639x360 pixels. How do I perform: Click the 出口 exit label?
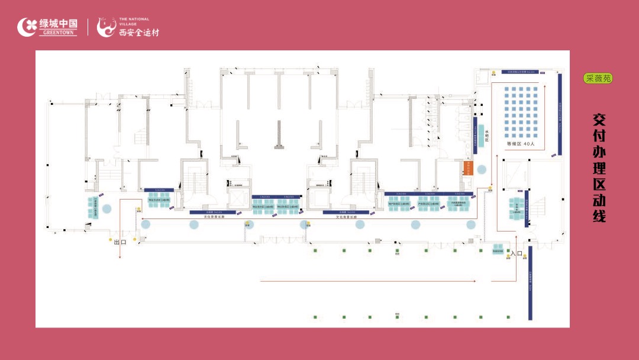tap(120, 242)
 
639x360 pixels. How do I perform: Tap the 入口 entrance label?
tap(516, 253)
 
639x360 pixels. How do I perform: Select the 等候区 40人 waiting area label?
tap(521, 143)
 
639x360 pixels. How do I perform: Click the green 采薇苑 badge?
tap(598, 78)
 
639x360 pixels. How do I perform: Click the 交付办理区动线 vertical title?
tap(599, 168)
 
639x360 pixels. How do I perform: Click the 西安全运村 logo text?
tap(138, 32)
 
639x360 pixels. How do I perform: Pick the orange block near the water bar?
tap(467, 168)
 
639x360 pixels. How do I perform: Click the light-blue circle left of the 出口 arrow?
tap(107, 208)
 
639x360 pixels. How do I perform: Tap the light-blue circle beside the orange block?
tap(482, 169)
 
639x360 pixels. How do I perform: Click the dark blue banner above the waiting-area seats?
tap(521, 72)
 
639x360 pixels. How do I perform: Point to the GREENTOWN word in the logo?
tap(59, 33)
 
